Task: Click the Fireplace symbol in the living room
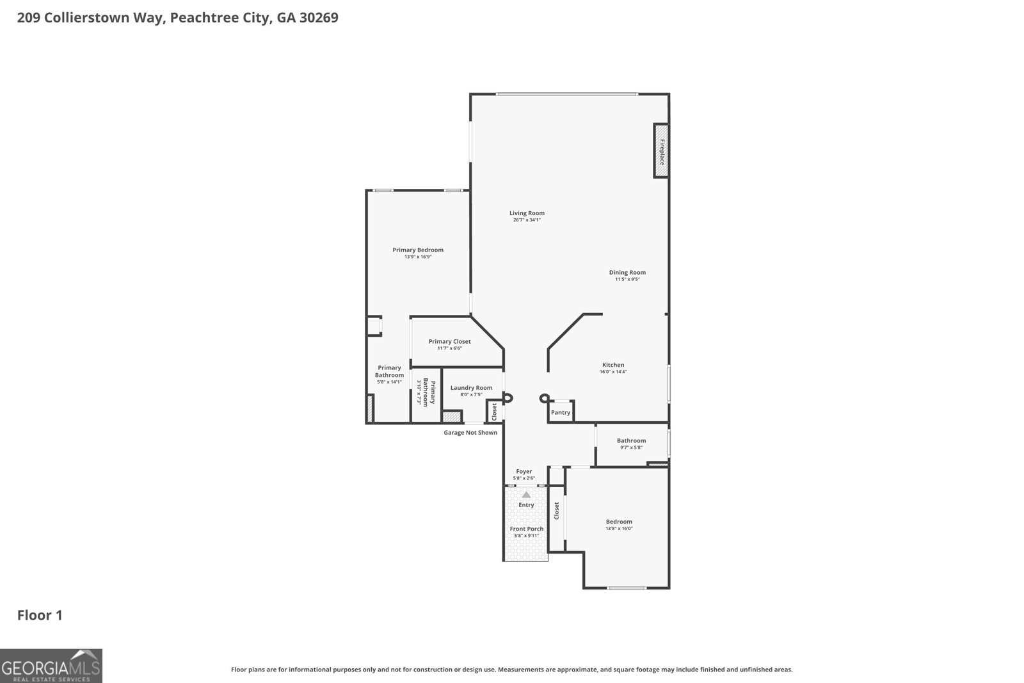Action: [661, 151]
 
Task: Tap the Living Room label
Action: [527, 213]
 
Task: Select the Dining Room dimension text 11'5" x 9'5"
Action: [627, 279]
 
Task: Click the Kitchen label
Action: [612, 365]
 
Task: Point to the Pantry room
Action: [561, 412]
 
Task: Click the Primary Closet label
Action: [449, 341]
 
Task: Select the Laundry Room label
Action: [471, 387]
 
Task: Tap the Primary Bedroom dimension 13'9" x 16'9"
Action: [418, 257]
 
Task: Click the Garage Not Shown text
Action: [470, 433]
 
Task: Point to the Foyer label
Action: [524, 471]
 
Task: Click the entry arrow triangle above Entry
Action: [526, 494]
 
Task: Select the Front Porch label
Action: [526, 529]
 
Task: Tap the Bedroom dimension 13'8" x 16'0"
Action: [619, 529]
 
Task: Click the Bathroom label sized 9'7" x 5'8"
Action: [631, 440]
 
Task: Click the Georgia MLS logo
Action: [51, 666]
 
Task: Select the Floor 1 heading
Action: [40, 615]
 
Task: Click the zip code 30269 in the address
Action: [318, 18]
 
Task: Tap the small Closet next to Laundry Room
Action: [494, 412]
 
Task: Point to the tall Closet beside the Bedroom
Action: [557, 510]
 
